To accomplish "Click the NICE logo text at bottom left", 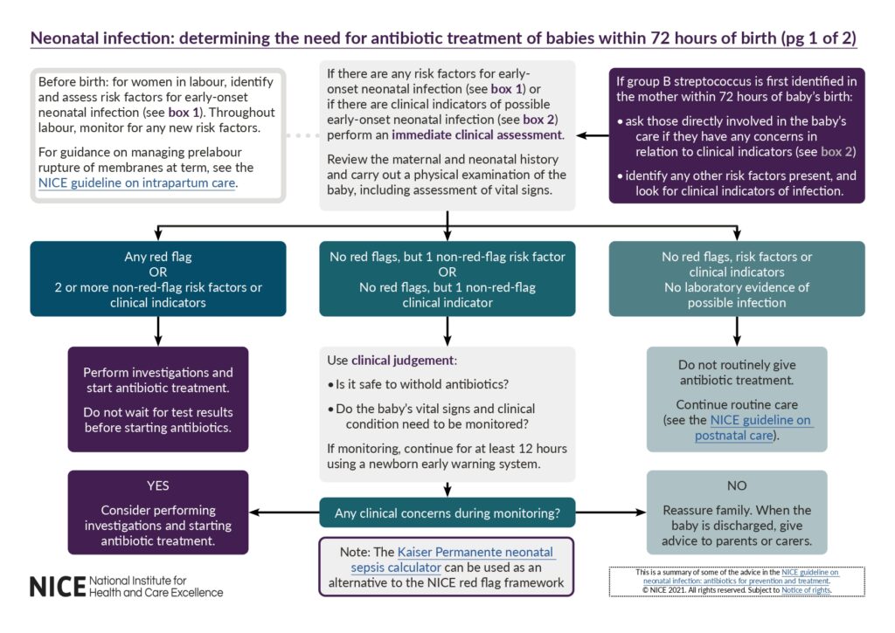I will click(x=58, y=586).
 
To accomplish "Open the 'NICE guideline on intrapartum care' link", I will click(x=137, y=182).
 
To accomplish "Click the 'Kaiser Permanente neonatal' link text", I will click(x=475, y=552).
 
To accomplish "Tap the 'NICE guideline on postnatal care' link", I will click(x=753, y=428).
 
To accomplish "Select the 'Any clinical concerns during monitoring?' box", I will click(x=447, y=512).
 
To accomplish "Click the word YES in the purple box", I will click(x=158, y=485).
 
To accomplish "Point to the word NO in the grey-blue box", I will click(x=737, y=485).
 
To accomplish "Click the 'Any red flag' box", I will click(x=158, y=278).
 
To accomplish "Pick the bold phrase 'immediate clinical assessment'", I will click(x=477, y=135).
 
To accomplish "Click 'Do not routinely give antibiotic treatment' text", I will click(x=737, y=373).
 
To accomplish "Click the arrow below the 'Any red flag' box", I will click(x=158, y=330).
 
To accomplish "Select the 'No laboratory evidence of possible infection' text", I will click(x=737, y=294).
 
